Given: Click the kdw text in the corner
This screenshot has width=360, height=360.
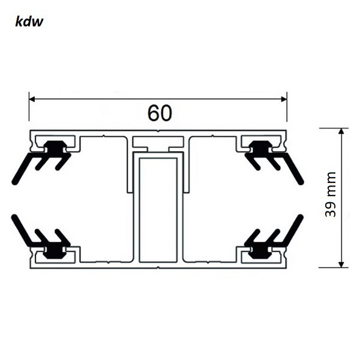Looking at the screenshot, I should tap(29, 22).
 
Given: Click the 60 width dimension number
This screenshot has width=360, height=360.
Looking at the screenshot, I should tap(159, 113).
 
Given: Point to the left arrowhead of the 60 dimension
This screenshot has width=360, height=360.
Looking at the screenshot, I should tap(34, 99).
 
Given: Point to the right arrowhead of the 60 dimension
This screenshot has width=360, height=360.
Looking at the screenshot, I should tap(283, 99).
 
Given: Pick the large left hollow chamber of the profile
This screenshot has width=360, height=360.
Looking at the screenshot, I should tap(105, 198).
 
